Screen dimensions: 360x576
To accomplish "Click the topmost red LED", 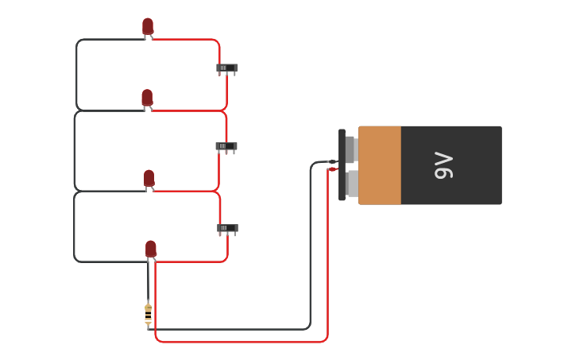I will click(148, 26).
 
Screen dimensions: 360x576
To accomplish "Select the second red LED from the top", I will click(147, 98).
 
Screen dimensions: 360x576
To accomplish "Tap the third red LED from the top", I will click(149, 178).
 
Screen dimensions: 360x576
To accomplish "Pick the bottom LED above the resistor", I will click(151, 249).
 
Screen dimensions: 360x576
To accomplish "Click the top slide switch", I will click(226, 68).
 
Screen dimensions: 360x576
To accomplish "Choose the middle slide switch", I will click(226, 146).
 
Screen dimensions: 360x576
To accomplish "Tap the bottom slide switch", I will click(227, 228).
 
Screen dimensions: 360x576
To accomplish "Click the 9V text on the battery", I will click(444, 165).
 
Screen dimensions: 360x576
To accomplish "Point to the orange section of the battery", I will click(380, 165).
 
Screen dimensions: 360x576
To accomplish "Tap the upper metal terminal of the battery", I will click(350, 149).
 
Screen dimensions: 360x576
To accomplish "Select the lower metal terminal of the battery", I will click(352, 184).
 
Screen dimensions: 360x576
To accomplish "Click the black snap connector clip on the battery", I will click(342, 165).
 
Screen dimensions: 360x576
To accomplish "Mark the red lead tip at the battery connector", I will click(333, 169).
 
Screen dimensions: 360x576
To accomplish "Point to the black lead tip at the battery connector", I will click(332, 161).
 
